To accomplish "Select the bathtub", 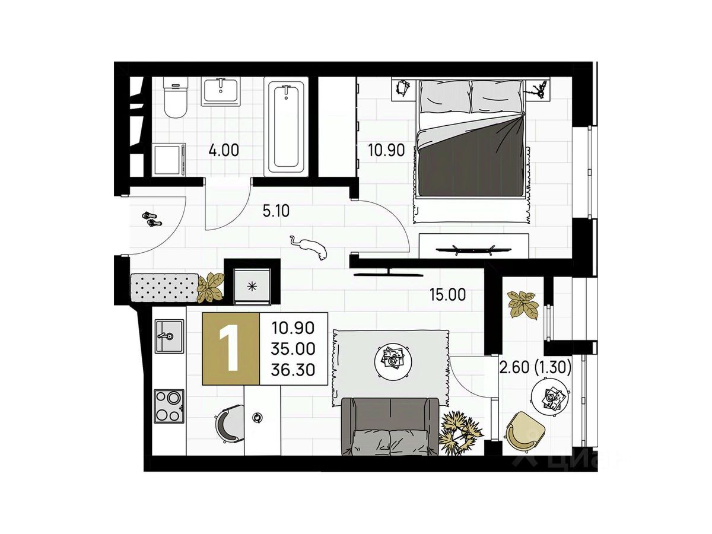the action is click(x=286, y=127).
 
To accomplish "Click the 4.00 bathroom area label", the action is click(x=224, y=151).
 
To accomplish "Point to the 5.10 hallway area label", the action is click(x=276, y=211).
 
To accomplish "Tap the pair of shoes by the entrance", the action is click(x=152, y=219).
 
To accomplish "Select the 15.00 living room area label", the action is click(x=447, y=294).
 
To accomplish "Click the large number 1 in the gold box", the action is click(x=230, y=348).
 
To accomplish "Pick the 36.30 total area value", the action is click(x=293, y=369).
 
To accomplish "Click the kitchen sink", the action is click(x=169, y=336).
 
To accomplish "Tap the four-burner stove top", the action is click(x=169, y=406).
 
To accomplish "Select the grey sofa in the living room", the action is click(x=390, y=427).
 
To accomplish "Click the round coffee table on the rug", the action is click(x=393, y=360).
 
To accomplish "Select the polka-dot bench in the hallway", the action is click(x=164, y=287).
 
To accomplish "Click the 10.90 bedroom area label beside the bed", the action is click(x=386, y=151).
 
